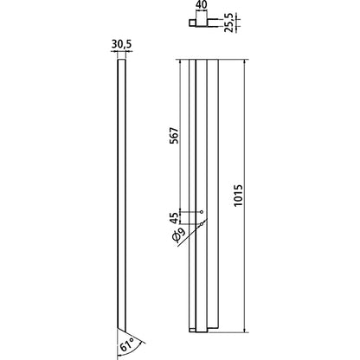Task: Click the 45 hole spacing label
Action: tap(173, 218)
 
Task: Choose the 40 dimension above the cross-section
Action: tap(202, 6)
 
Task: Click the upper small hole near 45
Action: tap(202, 213)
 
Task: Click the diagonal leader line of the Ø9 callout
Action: tap(192, 234)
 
